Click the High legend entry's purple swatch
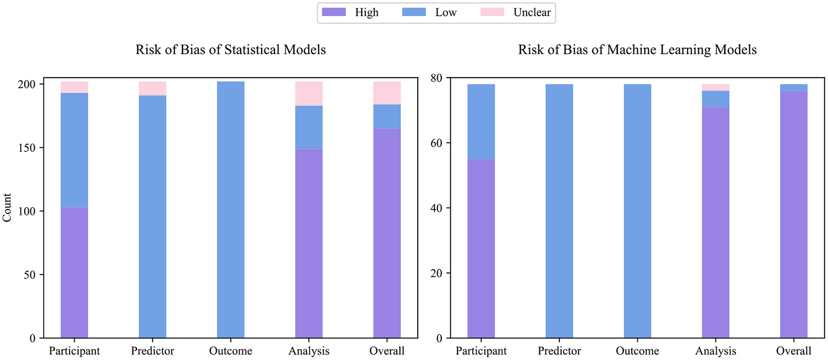pos(334,12)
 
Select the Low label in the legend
pos(445,13)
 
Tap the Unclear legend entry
pos(532,13)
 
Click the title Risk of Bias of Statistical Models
pos(230,50)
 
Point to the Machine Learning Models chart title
pos(637,50)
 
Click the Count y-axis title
pos(7,208)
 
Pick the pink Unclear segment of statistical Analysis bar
pos(308,94)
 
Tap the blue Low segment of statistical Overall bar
pos(387,116)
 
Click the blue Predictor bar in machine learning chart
pos(559,211)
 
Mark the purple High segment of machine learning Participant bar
pos(481,248)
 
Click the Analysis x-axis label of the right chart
pos(715,351)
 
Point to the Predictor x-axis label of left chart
pos(152,351)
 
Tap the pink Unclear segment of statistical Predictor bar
pos(152,88)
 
